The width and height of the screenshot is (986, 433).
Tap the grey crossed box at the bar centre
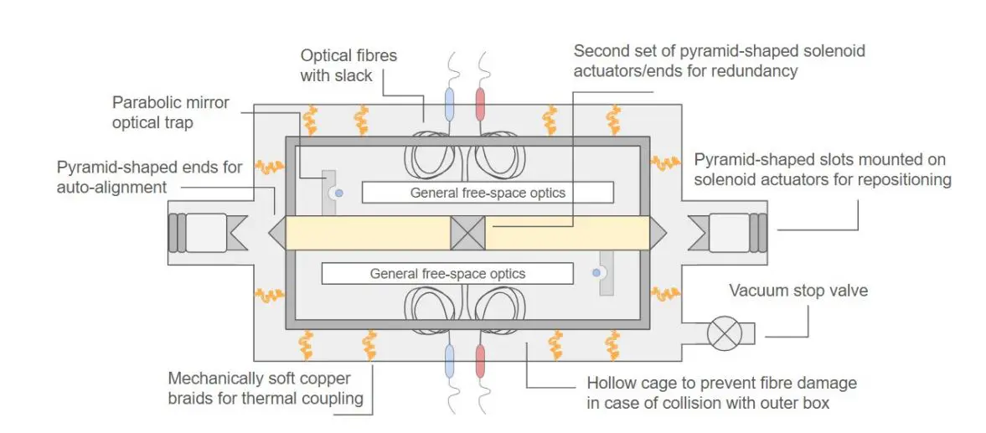pos(467,233)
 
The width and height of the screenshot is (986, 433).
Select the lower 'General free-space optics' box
pos(447,273)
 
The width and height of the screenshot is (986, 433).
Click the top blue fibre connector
pos(449,106)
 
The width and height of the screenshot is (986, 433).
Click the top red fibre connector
pos(482,106)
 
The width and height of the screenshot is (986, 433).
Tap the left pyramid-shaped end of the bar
pos(276,233)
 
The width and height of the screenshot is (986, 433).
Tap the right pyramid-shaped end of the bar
pos(658,233)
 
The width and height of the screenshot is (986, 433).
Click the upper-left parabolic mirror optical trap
pos(332,192)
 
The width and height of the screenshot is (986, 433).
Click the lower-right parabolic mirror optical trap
pos(603,273)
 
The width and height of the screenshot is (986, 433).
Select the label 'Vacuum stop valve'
pos(798,291)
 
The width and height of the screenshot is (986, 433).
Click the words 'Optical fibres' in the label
pos(348,56)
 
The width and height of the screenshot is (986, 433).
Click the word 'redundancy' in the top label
pos(752,70)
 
